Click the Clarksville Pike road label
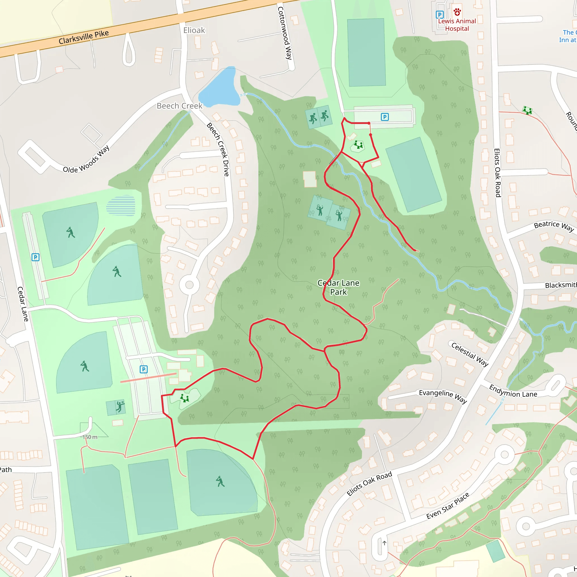[84, 37]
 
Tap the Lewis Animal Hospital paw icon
[457, 12]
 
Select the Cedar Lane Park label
[338, 287]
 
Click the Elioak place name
[194, 30]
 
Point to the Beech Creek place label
[179, 106]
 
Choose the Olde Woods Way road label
[86, 159]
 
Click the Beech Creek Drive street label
[218, 149]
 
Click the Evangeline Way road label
[443, 396]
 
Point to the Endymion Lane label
[513, 392]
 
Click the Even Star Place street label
[448, 506]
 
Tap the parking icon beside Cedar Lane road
[35, 257]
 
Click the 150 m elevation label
[90, 437]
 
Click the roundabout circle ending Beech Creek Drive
[189, 285]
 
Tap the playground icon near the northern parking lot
[358, 145]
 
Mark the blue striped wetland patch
[121, 205]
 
